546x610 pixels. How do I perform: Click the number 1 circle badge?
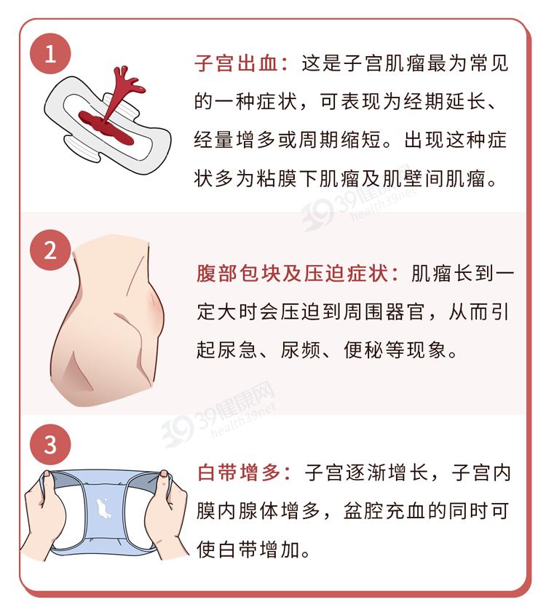pyautogui.click(x=50, y=55)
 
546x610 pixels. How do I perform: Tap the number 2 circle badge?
pyautogui.click(x=50, y=250)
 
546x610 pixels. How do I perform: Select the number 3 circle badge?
pyautogui.click(x=50, y=445)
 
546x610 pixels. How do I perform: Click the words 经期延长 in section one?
pyautogui.click(x=443, y=103)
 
